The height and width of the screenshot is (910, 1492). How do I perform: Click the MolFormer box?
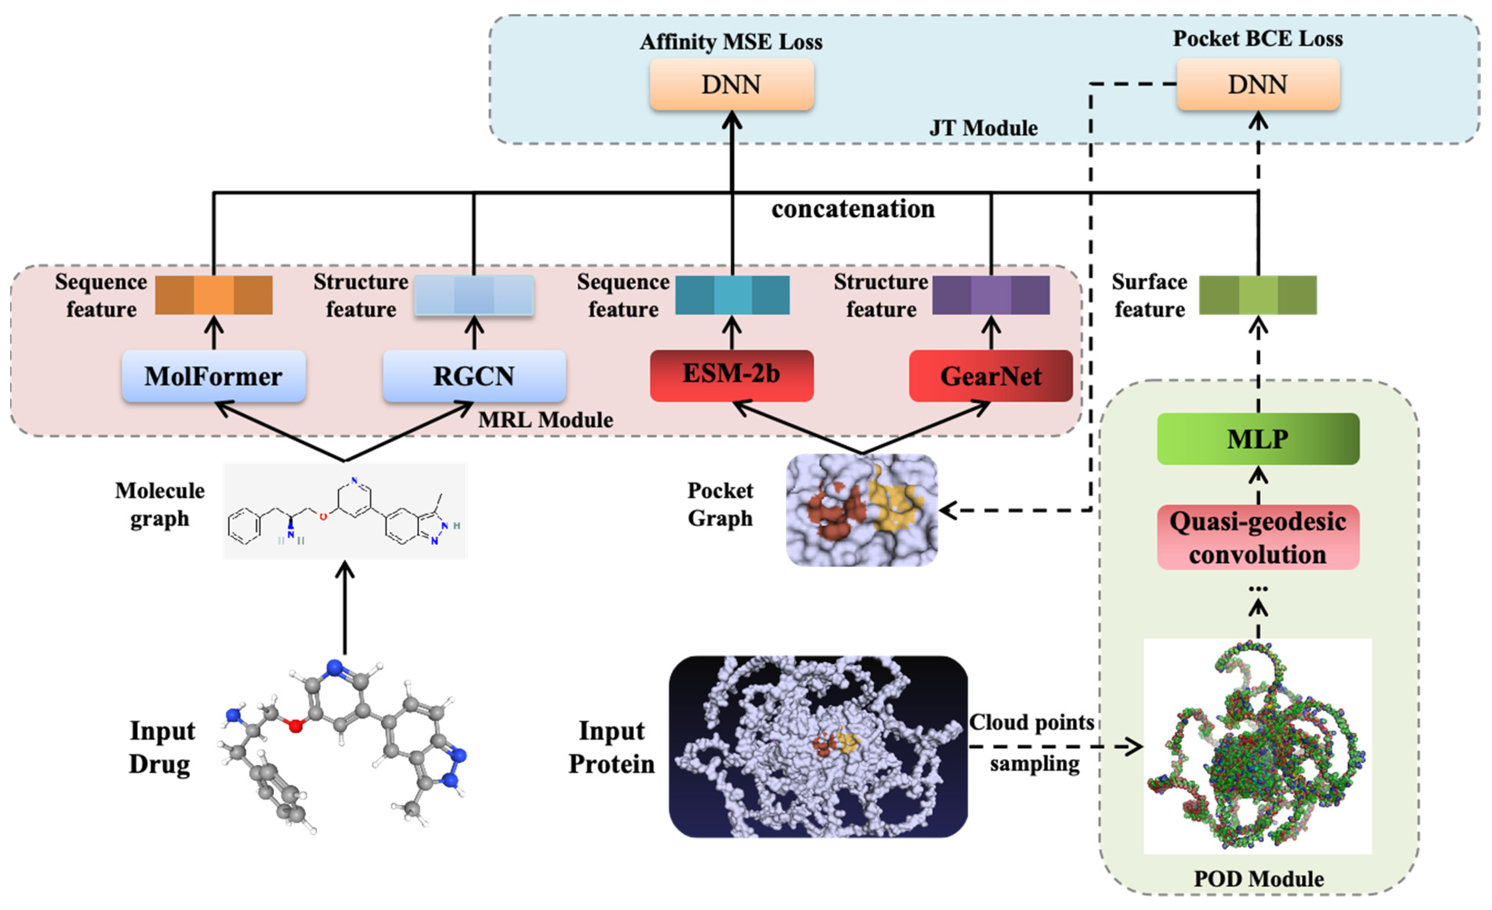(213, 376)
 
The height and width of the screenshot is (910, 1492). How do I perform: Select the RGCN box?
(474, 376)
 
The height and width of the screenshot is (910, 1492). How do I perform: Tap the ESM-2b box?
(731, 375)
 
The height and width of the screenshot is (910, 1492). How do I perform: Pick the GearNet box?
(991, 376)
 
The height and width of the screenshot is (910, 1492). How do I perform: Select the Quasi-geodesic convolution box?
(1258, 537)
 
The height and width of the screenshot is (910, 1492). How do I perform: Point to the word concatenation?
(852, 209)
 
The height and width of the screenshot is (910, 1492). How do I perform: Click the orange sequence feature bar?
(213, 295)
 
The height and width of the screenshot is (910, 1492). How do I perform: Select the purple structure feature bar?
(991, 295)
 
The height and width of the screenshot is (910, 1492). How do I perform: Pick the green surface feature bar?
(1258, 295)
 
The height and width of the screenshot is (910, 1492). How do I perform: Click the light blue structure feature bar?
(474, 295)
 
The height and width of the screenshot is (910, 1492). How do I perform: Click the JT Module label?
(983, 128)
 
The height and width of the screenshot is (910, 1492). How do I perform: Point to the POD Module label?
(1258, 878)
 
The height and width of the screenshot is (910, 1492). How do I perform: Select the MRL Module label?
(545, 420)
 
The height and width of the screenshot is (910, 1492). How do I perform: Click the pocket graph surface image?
(861, 510)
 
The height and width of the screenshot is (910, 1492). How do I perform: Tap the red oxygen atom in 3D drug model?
(295, 725)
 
